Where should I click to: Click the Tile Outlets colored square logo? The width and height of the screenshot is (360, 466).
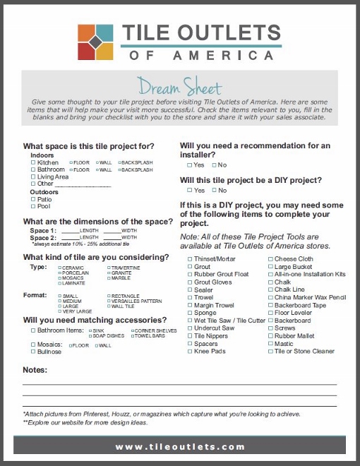pos(97,42)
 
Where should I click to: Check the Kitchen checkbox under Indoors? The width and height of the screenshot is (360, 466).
pos(33,162)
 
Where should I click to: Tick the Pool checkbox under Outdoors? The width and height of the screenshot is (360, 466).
pos(33,206)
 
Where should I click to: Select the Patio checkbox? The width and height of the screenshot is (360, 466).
pos(33,199)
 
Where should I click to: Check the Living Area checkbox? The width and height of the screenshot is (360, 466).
pos(33,177)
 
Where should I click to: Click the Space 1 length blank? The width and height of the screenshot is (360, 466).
pos(69,230)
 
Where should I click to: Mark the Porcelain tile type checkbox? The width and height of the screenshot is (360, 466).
pos(60,273)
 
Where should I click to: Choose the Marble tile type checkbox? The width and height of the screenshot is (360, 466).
pos(108,278)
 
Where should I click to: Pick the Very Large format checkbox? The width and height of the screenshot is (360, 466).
pos(60,311)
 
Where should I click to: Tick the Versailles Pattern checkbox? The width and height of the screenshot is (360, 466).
pos(108,301)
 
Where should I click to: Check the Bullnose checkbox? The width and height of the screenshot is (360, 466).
pos(33,351)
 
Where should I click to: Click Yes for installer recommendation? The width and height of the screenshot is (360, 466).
pos(189,165)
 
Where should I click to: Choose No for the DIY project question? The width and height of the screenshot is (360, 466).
pos(213,190)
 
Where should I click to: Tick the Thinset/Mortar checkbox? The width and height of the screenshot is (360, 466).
pos(189,260)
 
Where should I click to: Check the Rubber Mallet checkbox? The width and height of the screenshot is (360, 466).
pos(270,336)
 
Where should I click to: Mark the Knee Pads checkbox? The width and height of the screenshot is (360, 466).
pos(189,351)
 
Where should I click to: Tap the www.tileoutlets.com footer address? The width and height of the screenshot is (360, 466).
pos(180,446)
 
